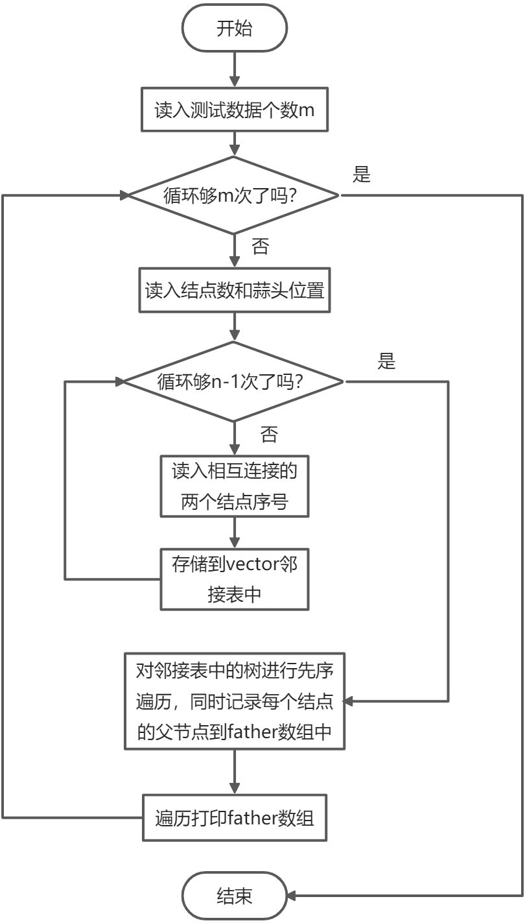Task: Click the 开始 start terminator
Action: coord(235,29)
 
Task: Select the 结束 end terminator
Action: coord(235,896)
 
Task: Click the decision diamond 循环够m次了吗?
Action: coord(235,195)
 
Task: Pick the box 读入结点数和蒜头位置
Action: coord(235,290)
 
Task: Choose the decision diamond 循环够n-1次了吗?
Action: coord(235,381)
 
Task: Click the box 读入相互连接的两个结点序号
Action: coord(235,486)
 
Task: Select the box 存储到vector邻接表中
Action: coord(235,579)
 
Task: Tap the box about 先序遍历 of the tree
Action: coord(235,701)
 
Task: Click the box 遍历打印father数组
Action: coord(235,819)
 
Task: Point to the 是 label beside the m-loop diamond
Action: coord(362,174)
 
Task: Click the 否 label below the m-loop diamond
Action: coord(260,246)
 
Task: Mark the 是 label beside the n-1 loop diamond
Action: coord(386,361)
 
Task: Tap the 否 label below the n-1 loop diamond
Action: coord(268,434)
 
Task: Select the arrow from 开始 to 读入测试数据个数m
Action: coord(235,69)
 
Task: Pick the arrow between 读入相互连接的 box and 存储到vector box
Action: coord(235,533)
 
